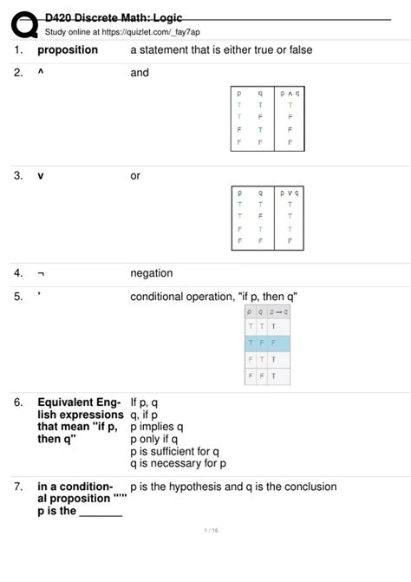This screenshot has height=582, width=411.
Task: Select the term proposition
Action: (x=68, y=50)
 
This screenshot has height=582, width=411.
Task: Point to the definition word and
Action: (x=140, y=74)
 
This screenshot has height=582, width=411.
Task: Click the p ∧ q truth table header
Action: (x=289, y=91)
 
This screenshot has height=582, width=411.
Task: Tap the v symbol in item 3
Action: (x=41, y=176)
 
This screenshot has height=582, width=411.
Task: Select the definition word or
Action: (x=135, y=176)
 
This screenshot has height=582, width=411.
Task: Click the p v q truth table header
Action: (x=289, y=193)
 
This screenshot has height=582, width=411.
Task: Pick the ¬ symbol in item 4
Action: (x=41, y=273)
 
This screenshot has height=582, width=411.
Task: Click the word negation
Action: (x=152, y=273)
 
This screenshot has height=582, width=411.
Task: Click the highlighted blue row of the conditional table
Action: (x=267, y=343)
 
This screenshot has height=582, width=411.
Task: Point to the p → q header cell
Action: (x=278, y=311)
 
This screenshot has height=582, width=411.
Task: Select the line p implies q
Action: (x=157, y=427)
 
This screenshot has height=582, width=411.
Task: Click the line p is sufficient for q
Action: (x=174, y=451)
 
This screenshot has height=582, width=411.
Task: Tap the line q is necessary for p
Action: (x=178, y=463)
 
